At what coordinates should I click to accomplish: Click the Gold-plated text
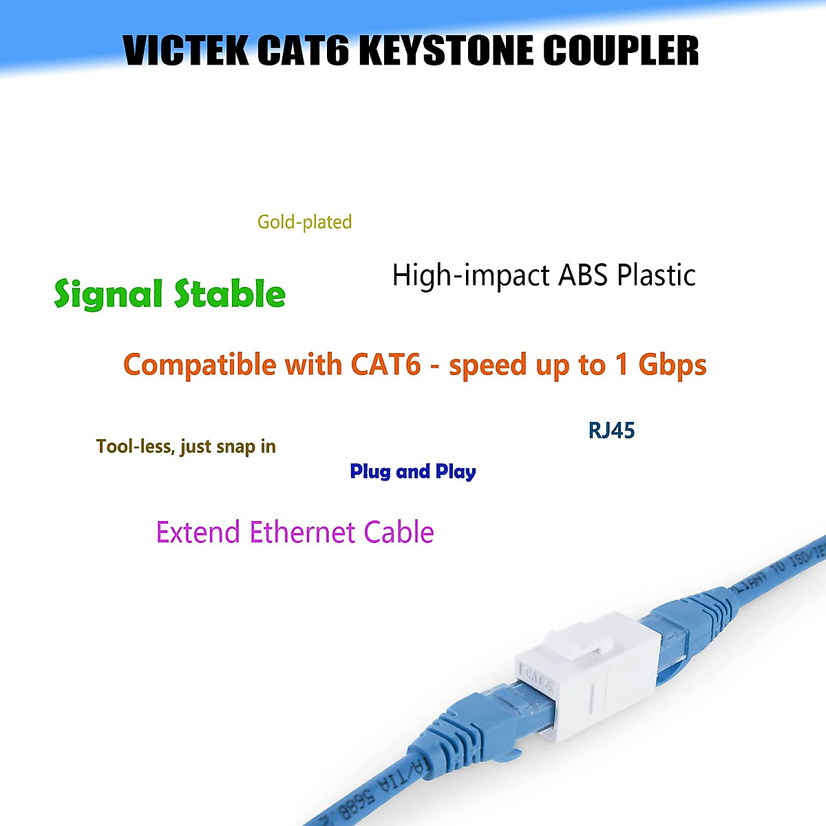(304, 222)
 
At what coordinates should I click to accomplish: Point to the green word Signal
(108, 295)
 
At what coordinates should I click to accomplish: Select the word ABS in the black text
(583, 275)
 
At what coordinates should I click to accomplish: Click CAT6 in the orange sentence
(385, 364)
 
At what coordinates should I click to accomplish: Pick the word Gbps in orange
(673, 365)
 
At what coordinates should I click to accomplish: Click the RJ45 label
(611, 431)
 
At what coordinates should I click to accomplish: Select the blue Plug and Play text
(413, 472)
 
